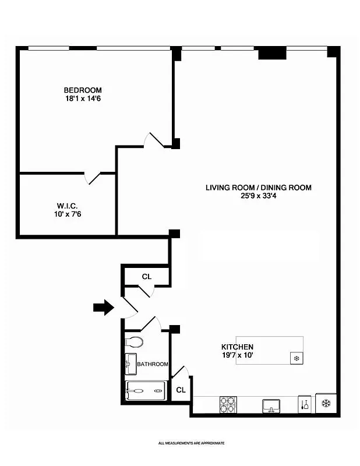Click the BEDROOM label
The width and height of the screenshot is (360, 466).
click(x=83, y=90)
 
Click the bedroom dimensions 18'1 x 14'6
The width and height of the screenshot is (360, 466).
click(x=83, y=99)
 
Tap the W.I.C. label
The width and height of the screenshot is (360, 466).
click(x=68, y=206)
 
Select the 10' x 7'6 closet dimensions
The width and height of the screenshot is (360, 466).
click(x=68, y=214)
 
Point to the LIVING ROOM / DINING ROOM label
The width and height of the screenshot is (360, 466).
click(x=258, y=188)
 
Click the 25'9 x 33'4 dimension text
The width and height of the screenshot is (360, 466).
click(x=258, y=196)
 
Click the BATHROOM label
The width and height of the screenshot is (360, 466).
click(x=153, y=365)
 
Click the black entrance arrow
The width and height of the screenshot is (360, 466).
click(x=103, y=307)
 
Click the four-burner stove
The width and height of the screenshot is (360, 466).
click(x=227, y=404)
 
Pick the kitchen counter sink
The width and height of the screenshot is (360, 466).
click(x=271, y=405)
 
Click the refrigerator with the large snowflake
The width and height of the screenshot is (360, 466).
click(x=326, y=403)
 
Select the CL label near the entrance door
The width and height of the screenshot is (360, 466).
click(x=146, y=277)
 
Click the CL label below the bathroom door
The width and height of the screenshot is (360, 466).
click(x=181, y=390)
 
